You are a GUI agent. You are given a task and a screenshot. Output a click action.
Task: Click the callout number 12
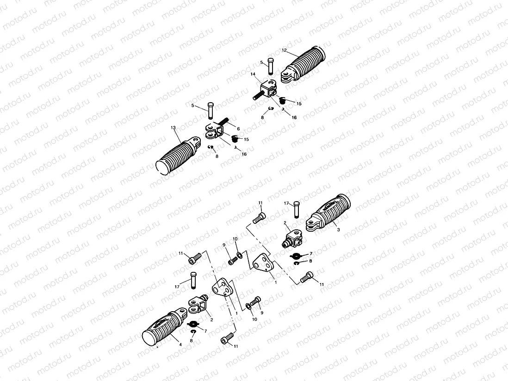click(x=284, y=50)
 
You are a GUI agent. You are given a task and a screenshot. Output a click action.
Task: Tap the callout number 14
click(x=253, y=74)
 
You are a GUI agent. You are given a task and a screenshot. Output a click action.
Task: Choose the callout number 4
click(x=180, y=344)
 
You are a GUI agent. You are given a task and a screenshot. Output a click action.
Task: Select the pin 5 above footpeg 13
click(x=211, y=111)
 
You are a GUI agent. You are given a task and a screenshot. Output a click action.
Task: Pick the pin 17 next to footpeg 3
click(x=296, y=210)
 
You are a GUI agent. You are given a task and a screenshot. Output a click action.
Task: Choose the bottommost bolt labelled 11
click(x=226, y=340)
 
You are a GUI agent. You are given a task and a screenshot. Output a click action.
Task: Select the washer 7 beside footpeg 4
click(x=194, y=324)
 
